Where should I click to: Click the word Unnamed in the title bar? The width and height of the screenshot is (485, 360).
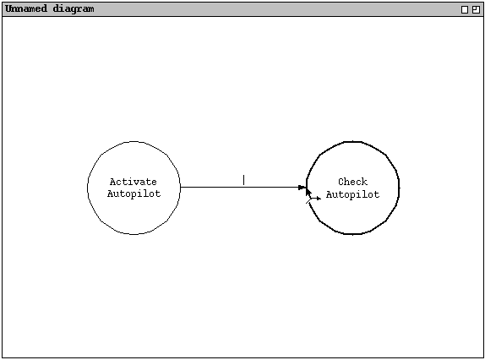26,8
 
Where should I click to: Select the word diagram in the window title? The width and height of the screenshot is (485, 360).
74,9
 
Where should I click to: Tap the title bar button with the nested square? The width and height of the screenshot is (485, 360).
476,10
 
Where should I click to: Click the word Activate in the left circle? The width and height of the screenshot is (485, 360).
134,182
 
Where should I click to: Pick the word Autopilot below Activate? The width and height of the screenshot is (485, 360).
134,194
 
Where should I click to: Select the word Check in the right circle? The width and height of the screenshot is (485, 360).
352,182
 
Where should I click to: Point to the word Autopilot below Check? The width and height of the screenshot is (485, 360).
352,194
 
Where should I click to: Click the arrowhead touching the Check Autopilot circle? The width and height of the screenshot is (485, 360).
302,187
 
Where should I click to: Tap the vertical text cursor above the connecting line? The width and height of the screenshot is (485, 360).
243,180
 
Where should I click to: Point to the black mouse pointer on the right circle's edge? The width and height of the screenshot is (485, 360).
308,192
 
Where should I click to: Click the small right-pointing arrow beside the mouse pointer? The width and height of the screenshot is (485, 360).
315,199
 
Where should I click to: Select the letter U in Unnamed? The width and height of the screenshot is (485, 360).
8,8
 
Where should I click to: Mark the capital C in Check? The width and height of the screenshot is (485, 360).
341,182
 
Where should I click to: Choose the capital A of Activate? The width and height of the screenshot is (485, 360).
113,182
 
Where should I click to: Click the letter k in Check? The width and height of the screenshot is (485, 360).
365,182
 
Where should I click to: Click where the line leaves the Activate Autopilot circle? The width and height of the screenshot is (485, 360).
180,187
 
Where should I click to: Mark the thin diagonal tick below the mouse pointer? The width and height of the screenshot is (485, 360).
308,201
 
